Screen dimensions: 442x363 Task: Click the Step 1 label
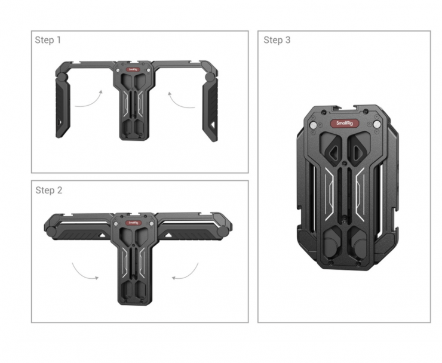[x=48, y=40]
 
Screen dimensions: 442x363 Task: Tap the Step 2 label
[x=49, y=190]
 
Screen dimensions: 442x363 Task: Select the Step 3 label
[x=277, y=40]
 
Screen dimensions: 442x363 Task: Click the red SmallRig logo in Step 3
[x=345, y=123]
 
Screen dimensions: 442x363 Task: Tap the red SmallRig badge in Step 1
[x=133, y=70]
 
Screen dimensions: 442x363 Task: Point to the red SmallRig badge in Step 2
[x=133, y=223]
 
